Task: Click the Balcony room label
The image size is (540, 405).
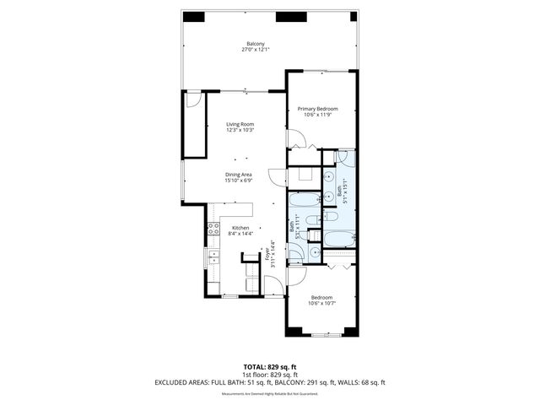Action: pyautogui.click(x=255, y=44)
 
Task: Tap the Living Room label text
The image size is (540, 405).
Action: pyautogui.click(x=240, y=125)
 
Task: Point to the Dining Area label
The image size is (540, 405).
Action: pyautogui.click(x=240, y=175)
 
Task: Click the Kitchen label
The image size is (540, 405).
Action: pyautogui.click(x=240, y=228)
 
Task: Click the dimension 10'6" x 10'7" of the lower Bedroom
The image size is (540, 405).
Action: pyautogui.click(x=321, y=303)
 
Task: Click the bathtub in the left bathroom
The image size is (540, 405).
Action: pyautogui.click(x=303, y=201)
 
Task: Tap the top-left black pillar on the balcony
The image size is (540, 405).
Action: pyautogui.click(x=193, y=16)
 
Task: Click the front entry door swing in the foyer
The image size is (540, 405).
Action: pyautogui.click(x=275, y=288)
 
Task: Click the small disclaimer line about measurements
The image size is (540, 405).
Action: pyautogui.click(x=269, y=394)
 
